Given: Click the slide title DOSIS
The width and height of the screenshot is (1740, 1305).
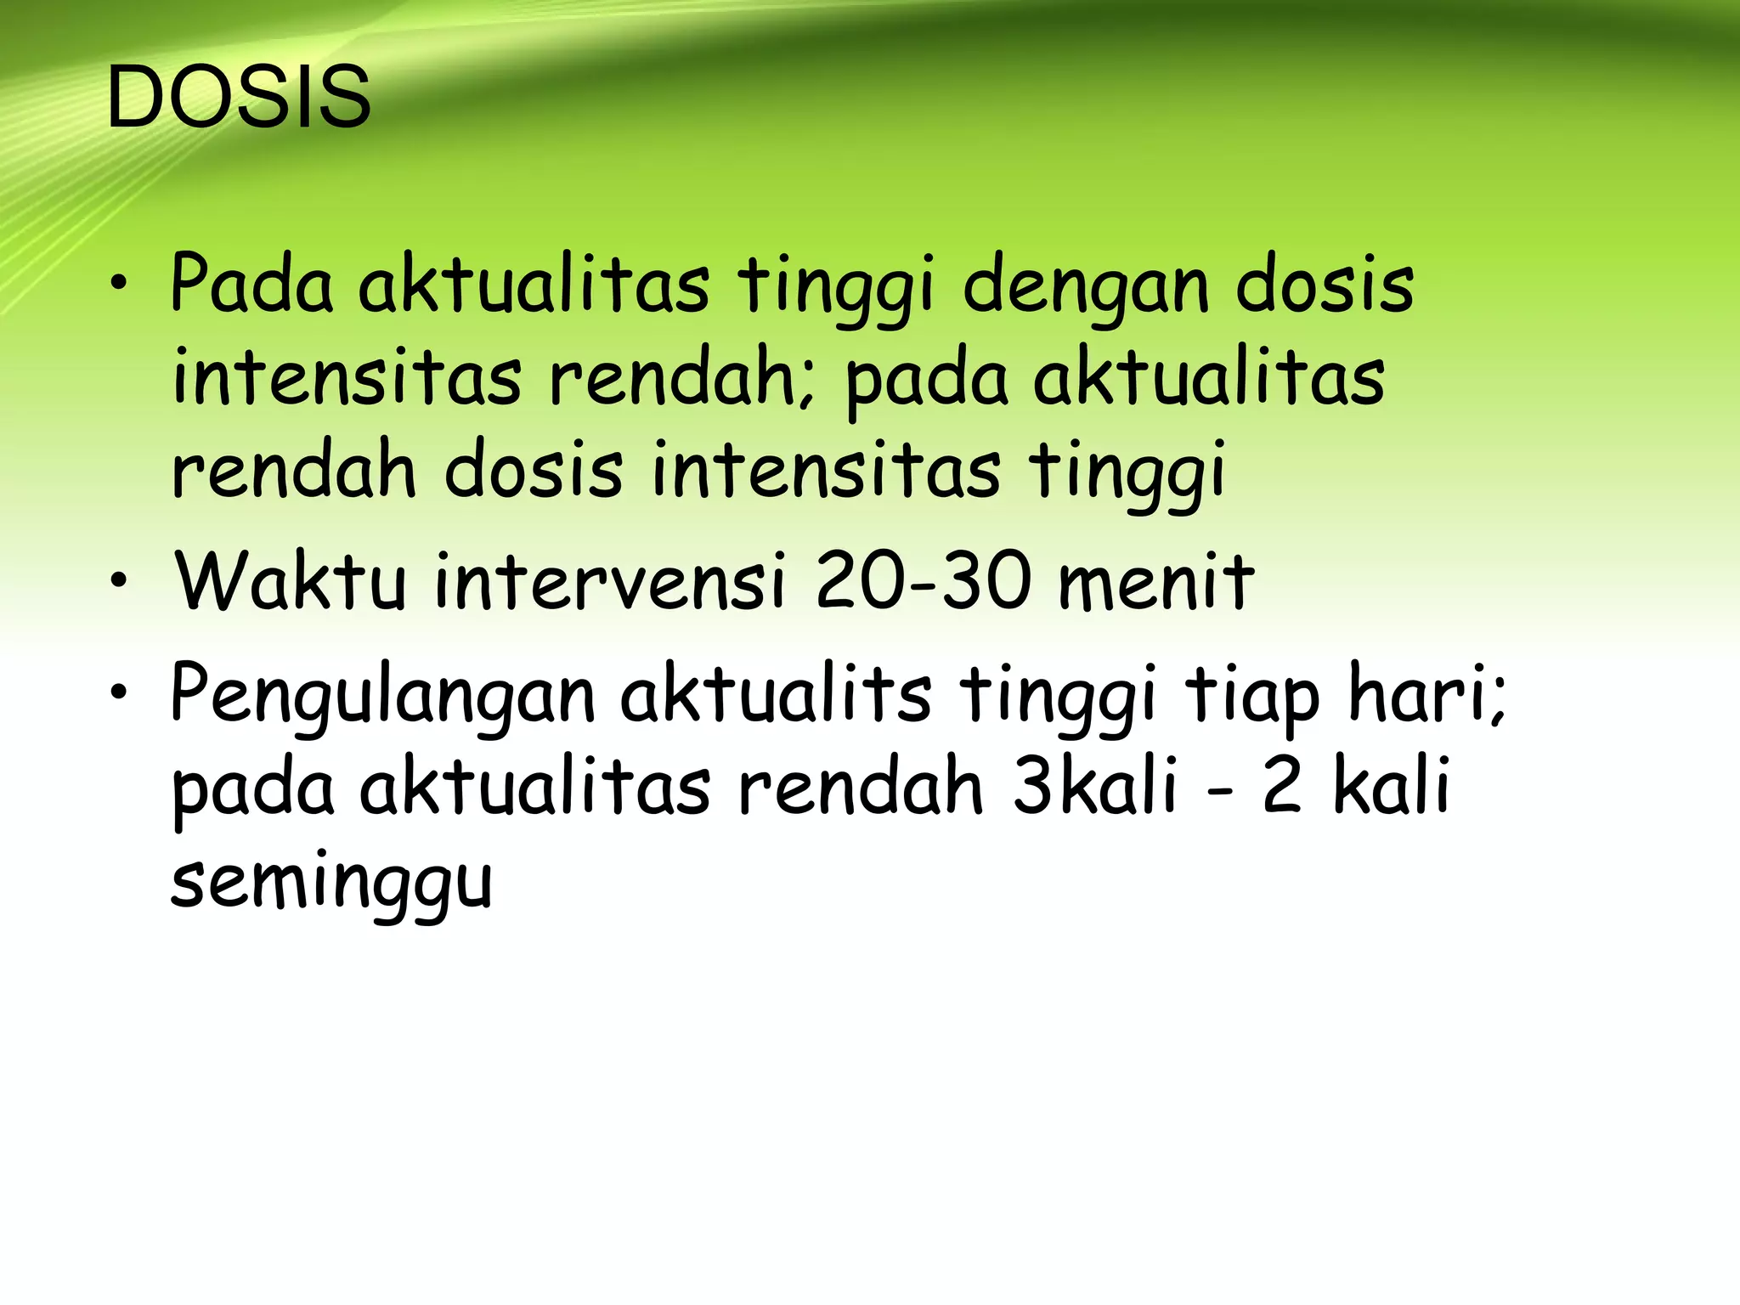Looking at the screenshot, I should pyautogui.click(x=239, y=98).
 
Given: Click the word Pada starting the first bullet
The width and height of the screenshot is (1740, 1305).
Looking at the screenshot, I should pyautogui.click(x=252, y=283).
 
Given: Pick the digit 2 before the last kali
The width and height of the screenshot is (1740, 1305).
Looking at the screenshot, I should pyautogui.click(x=1282, y=786).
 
